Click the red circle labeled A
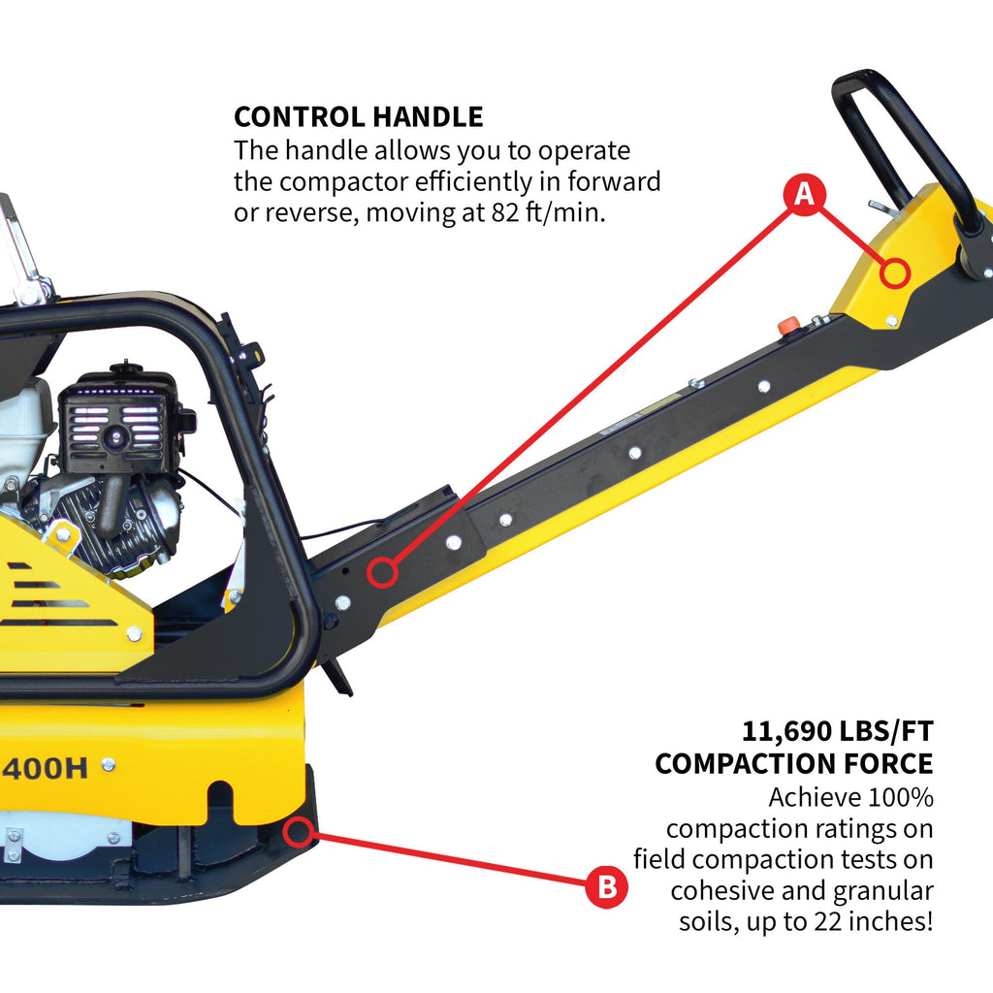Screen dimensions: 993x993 [804, 196]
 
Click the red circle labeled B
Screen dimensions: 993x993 [605, 887]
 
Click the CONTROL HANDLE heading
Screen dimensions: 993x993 [358, 117]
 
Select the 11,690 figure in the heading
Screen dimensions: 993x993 [786, 730]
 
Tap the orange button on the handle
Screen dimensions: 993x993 [790, 324]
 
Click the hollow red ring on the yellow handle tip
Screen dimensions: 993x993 [897, 272]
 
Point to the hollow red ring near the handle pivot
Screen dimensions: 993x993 [384, 573]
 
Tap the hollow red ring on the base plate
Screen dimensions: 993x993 [300, 830]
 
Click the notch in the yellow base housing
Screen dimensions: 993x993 [221, 801]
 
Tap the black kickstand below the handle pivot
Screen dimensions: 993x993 [337, 675]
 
